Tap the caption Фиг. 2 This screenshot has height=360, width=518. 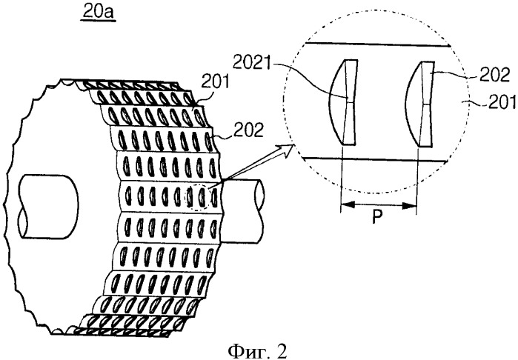point(258,350)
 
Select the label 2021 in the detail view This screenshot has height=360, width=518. point(251,62)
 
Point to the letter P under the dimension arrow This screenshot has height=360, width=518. point(377,217)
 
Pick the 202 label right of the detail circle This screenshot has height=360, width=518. point(494,76)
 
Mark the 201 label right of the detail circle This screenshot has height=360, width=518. point(502,102)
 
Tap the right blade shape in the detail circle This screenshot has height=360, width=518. point(420,104)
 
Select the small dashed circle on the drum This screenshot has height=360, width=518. point(196,197)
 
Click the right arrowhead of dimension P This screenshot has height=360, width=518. point(410,206)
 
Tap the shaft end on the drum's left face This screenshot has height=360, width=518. point(48,207)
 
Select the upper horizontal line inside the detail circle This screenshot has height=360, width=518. point(377,44)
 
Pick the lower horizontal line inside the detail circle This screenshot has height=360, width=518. point(375,160)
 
